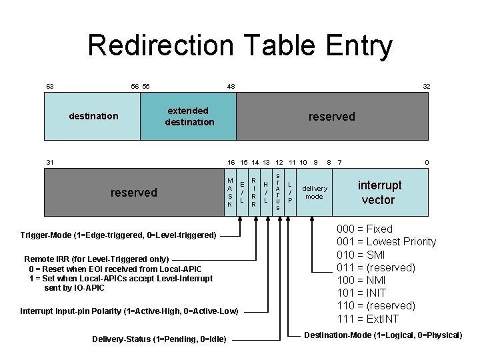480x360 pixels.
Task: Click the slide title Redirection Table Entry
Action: point(240,45)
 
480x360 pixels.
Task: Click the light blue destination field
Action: point(93,116)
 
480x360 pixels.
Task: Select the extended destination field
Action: point(189,116)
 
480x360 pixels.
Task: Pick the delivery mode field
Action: point(314,192)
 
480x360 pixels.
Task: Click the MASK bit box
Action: point(230,192)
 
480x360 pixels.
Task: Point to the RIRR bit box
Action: point(254,192)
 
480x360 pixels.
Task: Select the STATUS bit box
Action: point(278,192)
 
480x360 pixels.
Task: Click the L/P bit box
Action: point(290,192)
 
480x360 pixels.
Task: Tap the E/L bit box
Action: point(242,192)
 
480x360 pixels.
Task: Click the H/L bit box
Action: point(266,192)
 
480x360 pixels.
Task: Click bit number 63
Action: point(49,87)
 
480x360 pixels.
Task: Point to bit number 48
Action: point(231,87)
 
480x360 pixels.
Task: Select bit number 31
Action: point(49,162)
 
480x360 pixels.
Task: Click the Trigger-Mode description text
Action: point(119,235)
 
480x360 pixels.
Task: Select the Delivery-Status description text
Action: point(159,339)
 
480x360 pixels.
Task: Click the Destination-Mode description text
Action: point(383,335)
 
